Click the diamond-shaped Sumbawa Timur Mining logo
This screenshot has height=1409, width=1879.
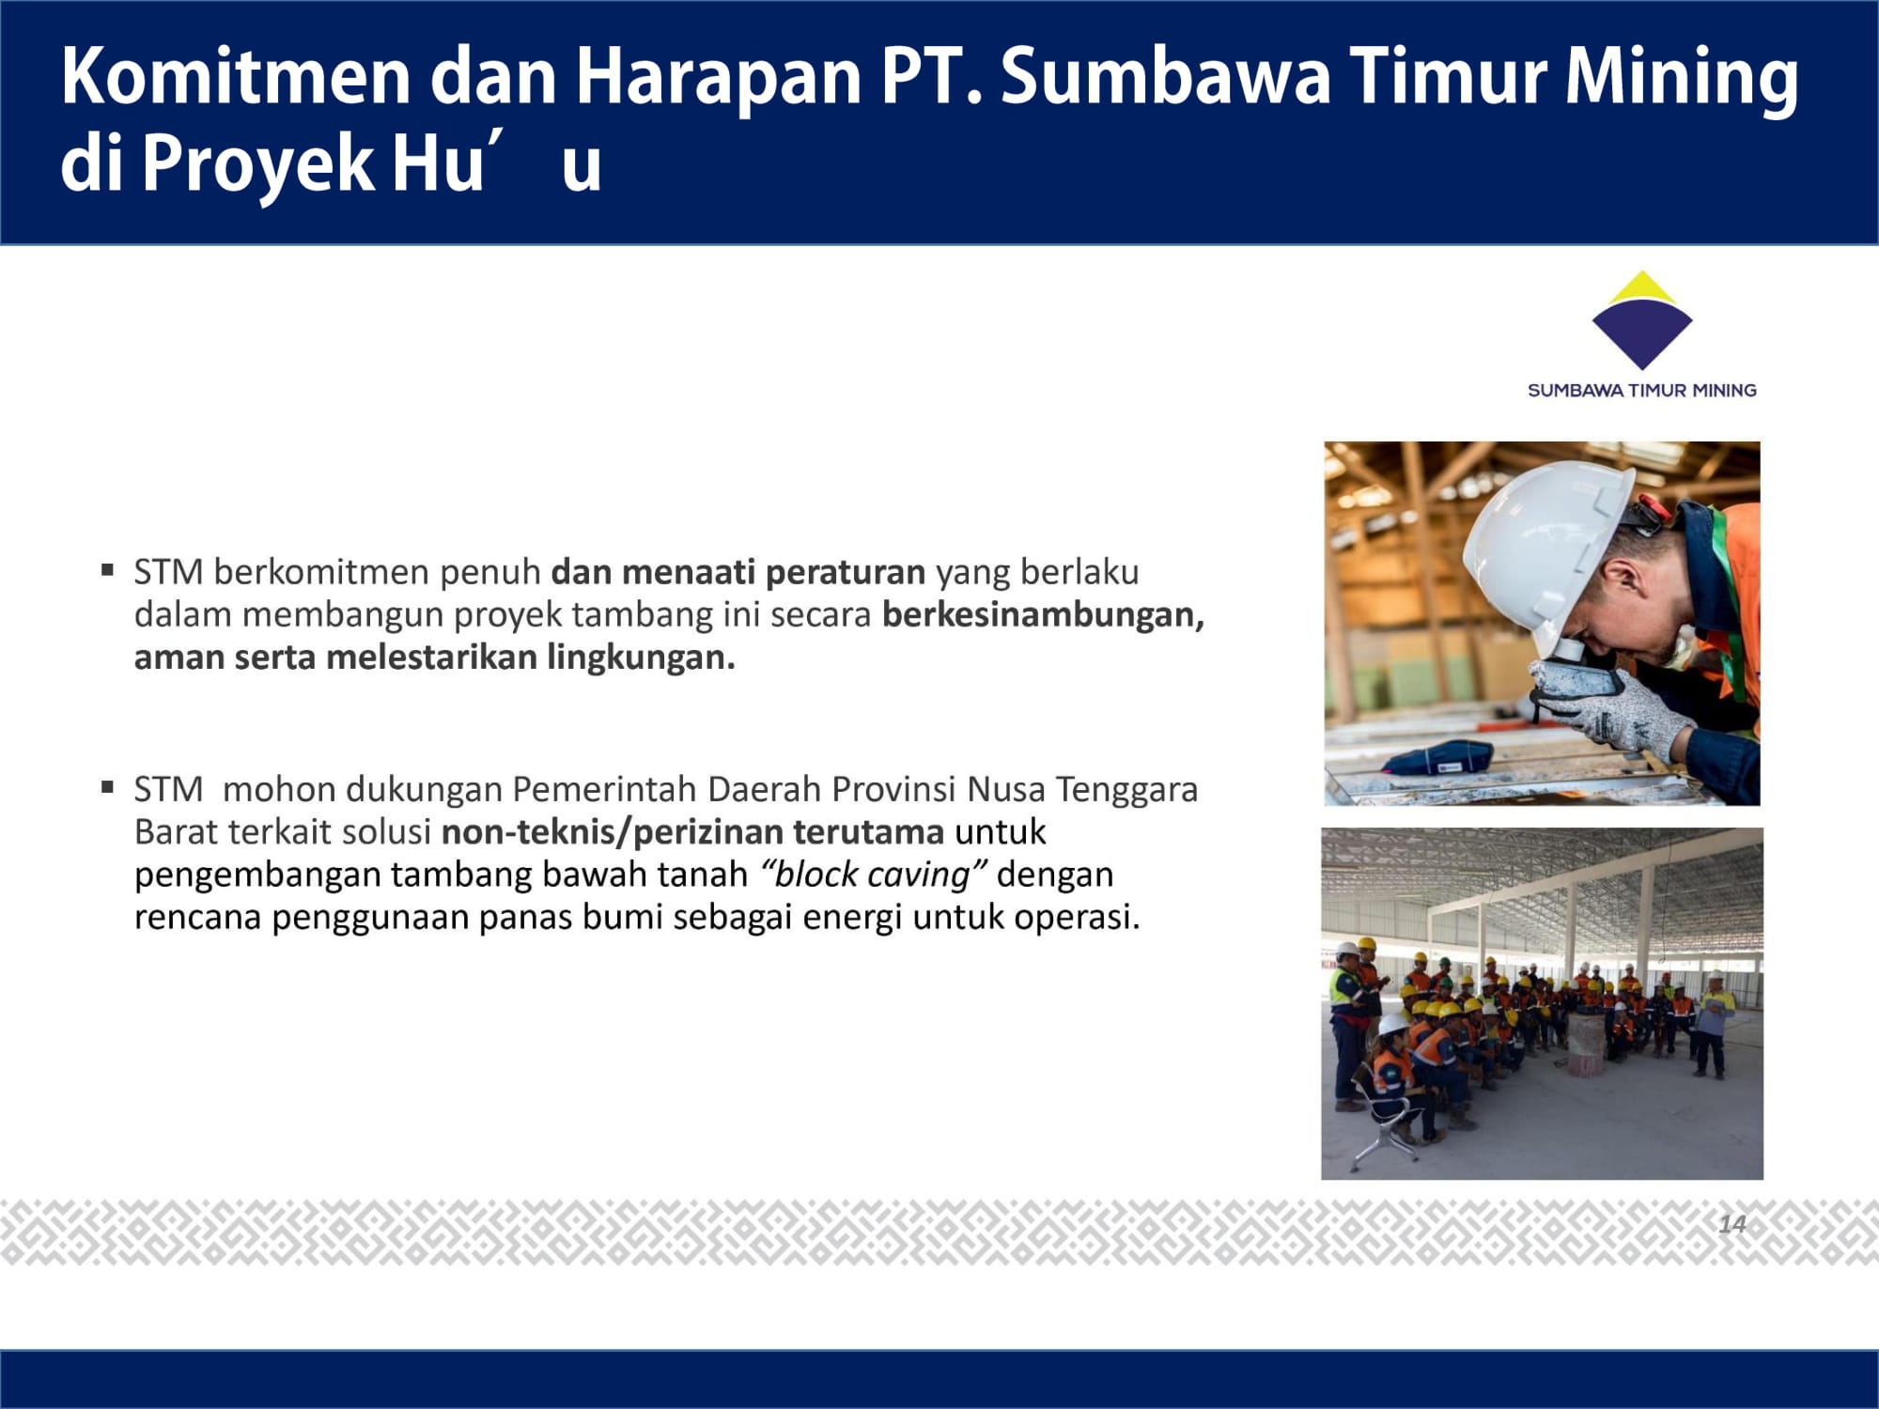(x=1641, y=319)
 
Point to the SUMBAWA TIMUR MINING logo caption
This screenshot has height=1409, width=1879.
(x=1641, y=390)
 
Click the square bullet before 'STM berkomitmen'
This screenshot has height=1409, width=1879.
(x=108, y=568)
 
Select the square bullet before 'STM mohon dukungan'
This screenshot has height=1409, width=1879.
(x=108, y=786)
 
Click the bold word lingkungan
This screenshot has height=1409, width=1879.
(x=641, y=658)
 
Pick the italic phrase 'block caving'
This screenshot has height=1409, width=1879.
(x=874, y=875)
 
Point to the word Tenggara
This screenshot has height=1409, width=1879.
(x=1126, y=790)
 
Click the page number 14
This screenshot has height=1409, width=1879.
(x=1732, y=1223)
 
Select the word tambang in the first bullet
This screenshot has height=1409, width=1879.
(x=642, y=615)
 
